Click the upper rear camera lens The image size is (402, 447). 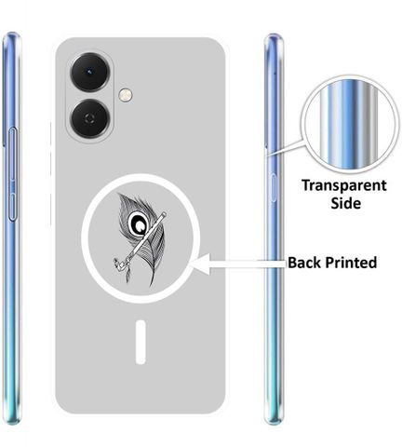[x=90, y=72]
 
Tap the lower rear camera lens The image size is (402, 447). [x=90, y=118]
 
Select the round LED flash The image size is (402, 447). [x=126, y=94]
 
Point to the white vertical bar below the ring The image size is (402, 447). [x=141, y=342]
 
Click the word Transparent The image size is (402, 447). [x=344, y=186]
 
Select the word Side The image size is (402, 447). [x=345, y=203]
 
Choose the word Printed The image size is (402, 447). [x=351, y=263]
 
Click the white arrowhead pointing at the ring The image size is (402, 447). [x=200, y=264]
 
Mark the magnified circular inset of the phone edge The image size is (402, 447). [x=350, y=124]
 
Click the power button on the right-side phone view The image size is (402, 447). [x=274, y=188]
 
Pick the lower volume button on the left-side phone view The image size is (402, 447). [x=12, y=207]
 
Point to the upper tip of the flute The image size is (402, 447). [x=164, y=214]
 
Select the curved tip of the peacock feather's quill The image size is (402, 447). [x=152, y=284]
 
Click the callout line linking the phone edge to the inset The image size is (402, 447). [x=286, y=148]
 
